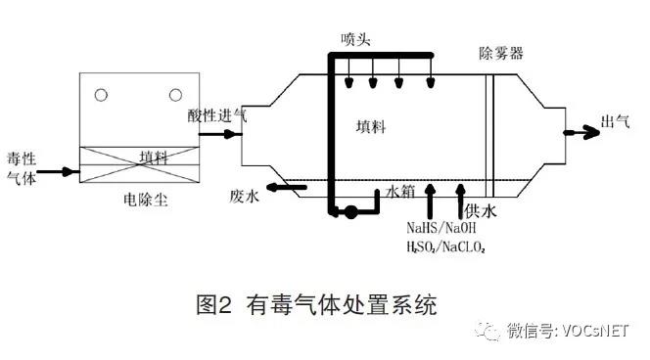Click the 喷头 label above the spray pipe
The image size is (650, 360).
click(x=355, y=39)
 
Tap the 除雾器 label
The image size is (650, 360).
click(x=501, y=53)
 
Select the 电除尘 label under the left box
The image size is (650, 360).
click(x=146, y=200)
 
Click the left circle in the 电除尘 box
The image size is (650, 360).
click(x=101, y=95)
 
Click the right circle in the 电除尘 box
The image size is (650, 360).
click(x=175, y=95)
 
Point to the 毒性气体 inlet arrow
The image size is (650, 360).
click(x=58, y=171)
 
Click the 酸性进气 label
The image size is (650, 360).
click(x=216, y=115)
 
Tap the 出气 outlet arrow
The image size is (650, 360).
click(x=581, y=133)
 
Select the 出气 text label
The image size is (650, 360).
click(x=615, y=121)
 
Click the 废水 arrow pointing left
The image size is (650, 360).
click(x=287, y=188)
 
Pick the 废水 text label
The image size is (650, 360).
click(x=244, y=196)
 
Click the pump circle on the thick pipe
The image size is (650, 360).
click(x=350, y=212)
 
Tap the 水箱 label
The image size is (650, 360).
click(x=400, y=192)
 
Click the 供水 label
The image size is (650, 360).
click(x=480, y=210)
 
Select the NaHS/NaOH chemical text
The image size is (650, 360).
click(x=441, y=227)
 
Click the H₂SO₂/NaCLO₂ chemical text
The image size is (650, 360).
click(x=446, y=247)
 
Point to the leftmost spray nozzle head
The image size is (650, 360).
click(x=349, y=82)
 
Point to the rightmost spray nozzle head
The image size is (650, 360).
click(x=431, y=82)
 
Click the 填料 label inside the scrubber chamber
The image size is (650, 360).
click(x=371, y=126)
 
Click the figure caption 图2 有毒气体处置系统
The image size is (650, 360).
click(x=317, y=305)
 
